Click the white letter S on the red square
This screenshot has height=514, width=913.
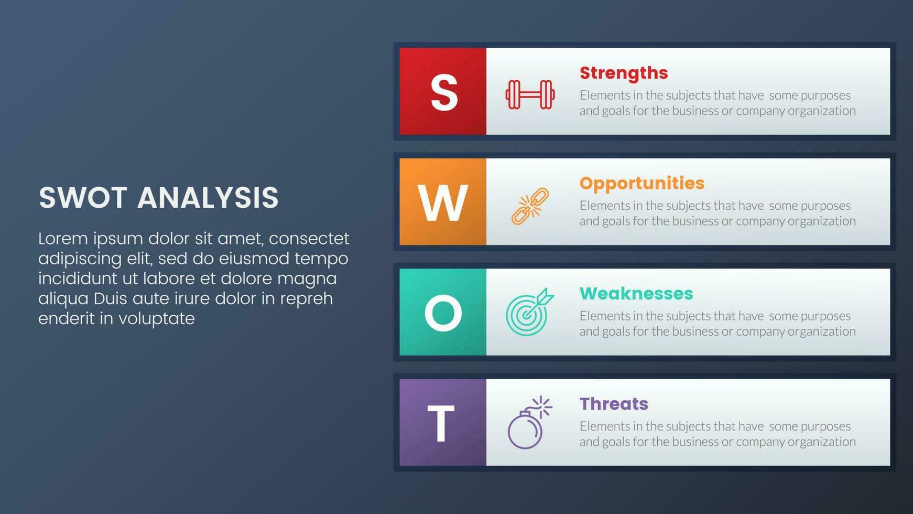[444, 92]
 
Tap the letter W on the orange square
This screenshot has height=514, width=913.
[443, 204]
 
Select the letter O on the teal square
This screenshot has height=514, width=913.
[443, 313]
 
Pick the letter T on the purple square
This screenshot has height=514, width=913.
[441, 424]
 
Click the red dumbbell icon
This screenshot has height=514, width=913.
[530, 94]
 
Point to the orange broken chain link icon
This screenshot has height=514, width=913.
[530, 206]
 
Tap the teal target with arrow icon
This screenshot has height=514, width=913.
[529, 312]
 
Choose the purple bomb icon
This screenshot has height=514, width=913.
[529, 423]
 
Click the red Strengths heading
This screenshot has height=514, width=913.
[624, 73]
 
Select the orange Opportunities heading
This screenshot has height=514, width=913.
[642, 183]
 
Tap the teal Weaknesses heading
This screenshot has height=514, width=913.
[636, 293]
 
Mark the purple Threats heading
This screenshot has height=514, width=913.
[614, 403]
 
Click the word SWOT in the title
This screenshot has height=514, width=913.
[83, 198]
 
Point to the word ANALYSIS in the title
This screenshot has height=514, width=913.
[208, 198]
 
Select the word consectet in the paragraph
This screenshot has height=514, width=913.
[309, 239]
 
